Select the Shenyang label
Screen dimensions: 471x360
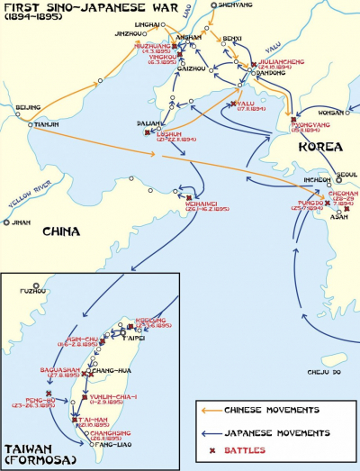click(232, 5)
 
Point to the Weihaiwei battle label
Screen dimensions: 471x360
click(185, 206)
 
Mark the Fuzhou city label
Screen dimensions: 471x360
click(32, 291)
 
